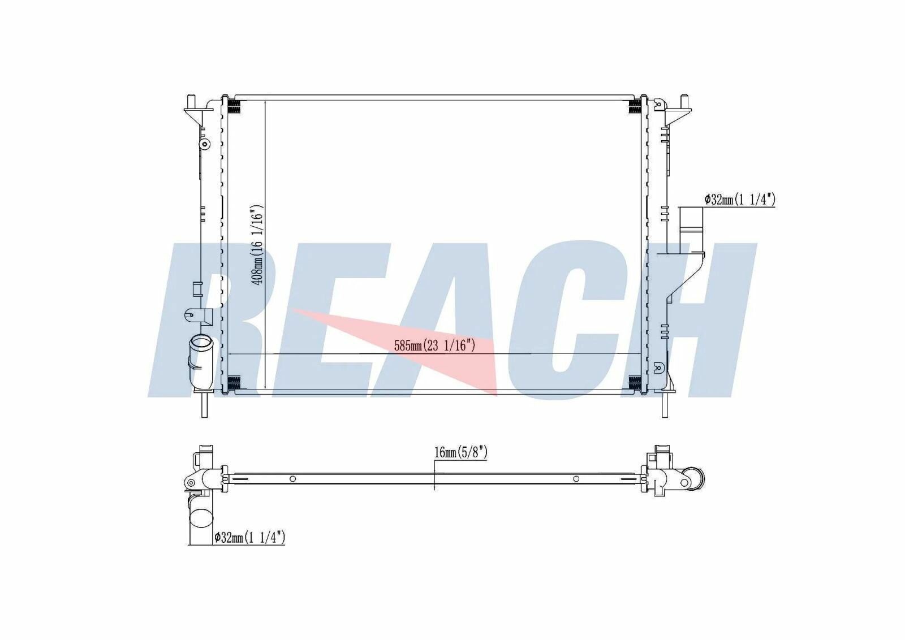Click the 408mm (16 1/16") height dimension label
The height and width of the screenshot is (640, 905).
pyautogui.click(x=258, y=244)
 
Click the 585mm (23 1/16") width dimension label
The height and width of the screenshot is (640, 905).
pyautogui.click(x=434, y=345)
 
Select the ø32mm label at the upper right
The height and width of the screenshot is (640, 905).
pyautogui.click(x=739, y=200)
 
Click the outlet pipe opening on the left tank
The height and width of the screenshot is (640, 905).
pyautogui.click(x=201, y=343)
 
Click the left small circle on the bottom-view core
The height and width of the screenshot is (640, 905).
pyautogui.click(x=292, y=479)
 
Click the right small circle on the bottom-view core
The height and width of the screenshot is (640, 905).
pyautogui.click(x=576, y=479)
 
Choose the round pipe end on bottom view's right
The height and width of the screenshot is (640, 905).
pyautogui.click(x=693, y=478)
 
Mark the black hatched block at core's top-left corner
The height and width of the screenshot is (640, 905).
pyautogui.click(x=234, y=106)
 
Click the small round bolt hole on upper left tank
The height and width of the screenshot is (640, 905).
pyautogui.click(x=205, y=144)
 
